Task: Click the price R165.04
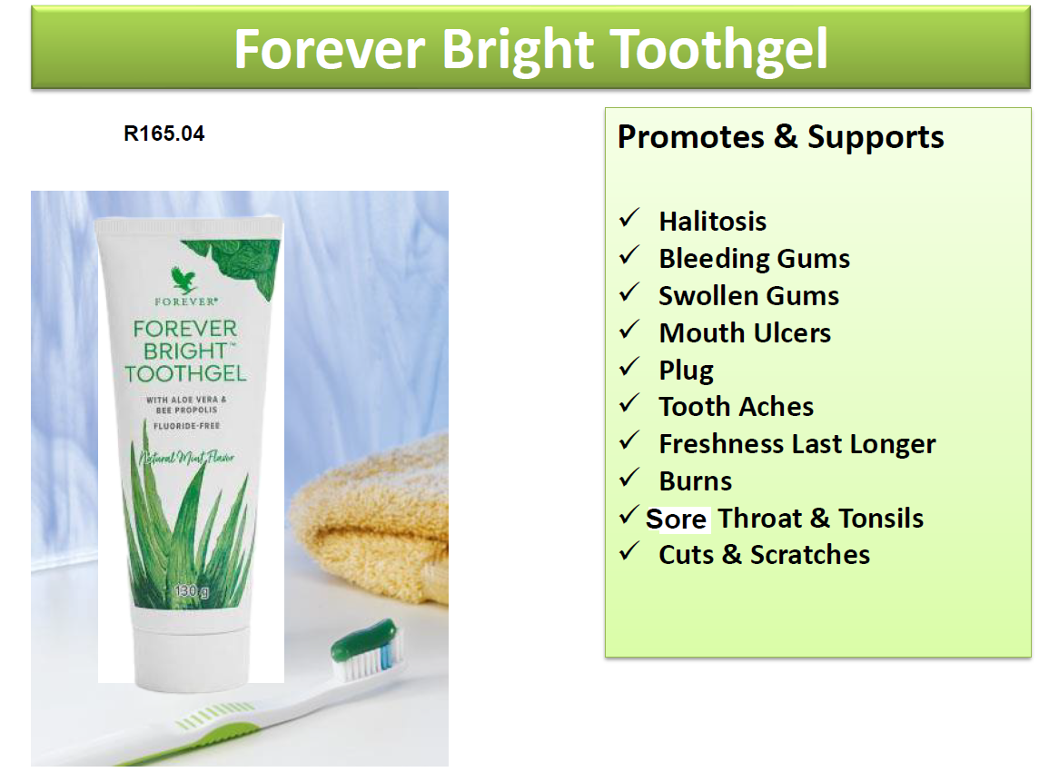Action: [164, 134]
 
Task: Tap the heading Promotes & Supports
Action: [780, 137]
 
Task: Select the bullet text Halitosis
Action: [712, 221]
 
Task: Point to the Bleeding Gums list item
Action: [754, 258]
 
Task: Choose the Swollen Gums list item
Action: [748, 295]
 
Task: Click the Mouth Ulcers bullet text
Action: [744, 332]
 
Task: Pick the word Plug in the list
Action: [686, 370]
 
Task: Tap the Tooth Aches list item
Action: [736, 406]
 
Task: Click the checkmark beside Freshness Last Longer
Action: [629, 441]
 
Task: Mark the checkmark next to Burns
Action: [629, 479]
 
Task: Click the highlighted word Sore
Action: [676, 519]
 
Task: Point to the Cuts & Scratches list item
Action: [764, 554]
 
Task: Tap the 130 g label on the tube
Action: [192, 593]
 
